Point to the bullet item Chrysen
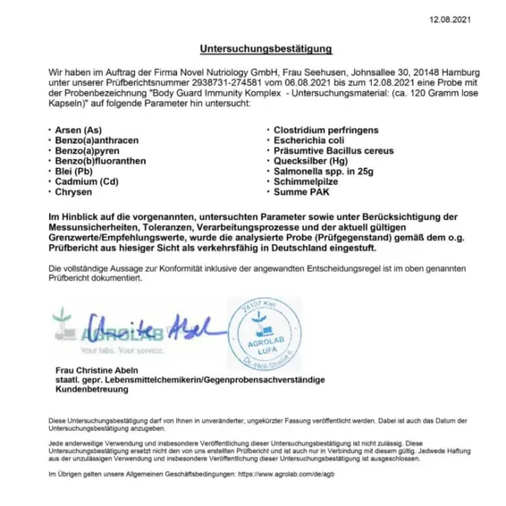click(74, 192)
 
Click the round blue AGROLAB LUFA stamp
click(265, 331)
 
